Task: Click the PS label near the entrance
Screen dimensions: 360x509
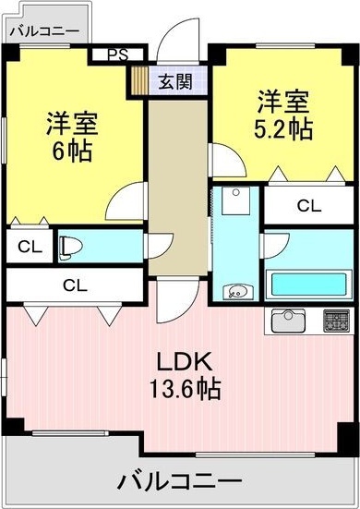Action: coord(118,55)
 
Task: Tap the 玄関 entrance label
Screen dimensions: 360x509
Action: coord(175,81)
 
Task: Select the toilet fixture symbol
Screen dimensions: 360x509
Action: coord(70,248)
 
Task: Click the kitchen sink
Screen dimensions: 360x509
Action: coord(288,321)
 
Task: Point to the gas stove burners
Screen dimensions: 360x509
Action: coord(337,321)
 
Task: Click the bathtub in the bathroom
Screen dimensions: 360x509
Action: coord(308,285)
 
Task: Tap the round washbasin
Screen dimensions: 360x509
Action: coord(237,291)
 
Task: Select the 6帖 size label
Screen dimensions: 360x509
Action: coord(72,151)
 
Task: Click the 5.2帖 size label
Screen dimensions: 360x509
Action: coord(283,129)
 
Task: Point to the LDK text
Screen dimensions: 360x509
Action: coord(185,361)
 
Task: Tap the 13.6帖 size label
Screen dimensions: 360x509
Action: coord(186,388)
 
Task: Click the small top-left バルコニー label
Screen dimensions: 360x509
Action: coord(44,31)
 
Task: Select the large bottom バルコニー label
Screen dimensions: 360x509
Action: coord(179,480)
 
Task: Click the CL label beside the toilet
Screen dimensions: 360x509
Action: coord(30,247)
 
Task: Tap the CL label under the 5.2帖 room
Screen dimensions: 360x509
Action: coord(309,205)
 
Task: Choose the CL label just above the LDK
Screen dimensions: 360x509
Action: coord(76,285)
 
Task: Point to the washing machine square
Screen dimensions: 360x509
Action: coord(236,200)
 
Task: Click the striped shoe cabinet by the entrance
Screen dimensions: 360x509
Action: coord(139,80)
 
